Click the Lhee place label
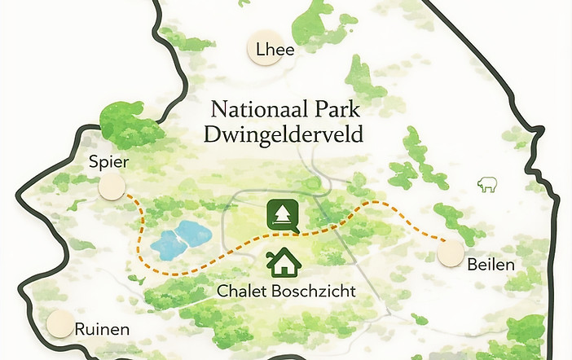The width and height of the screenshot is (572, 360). click(x=275, y=50)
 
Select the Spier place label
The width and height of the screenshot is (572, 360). click(x=110, y=163)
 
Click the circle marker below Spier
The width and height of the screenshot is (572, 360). click(x=111, y=187)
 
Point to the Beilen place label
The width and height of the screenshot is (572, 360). click(x=491, y=265)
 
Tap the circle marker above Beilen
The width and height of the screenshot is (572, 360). click(x=451, y=254)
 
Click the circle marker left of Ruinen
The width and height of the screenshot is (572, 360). click(x=59, y=324)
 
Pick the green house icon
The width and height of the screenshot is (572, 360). click(x=284, y=262)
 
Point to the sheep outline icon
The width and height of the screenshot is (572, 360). click(x=488, y=184)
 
